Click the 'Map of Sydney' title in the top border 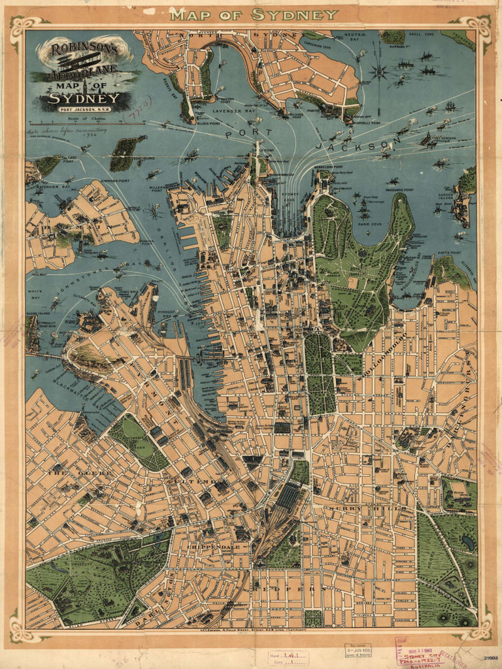[x=254, y=14]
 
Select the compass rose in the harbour [x=378, y=71]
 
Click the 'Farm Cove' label [x=369, y=224]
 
